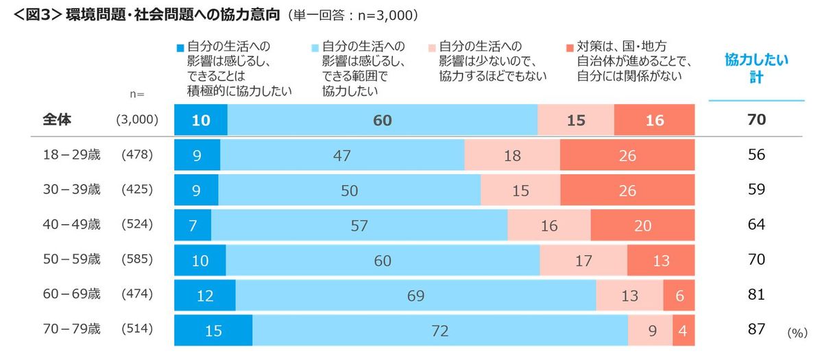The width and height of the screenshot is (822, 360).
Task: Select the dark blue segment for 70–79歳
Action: (213, 331)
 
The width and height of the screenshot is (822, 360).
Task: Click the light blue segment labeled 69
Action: (415, 296)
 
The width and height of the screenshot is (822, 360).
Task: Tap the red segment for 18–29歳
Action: (627, 156)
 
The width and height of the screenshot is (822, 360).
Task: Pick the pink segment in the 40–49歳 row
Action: (548, 226)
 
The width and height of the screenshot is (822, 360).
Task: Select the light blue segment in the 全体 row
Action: (383, 121)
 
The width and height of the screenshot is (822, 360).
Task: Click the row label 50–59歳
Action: (71, 260)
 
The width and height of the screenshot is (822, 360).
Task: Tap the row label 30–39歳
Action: (71, 190)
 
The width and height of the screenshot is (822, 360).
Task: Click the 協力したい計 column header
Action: (756, 69)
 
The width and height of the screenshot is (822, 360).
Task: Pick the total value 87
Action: (756, 330)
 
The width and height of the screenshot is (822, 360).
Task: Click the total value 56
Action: (756, 156)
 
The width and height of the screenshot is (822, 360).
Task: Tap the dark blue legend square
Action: (180, 48)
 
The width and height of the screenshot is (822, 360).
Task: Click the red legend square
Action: (570, 48)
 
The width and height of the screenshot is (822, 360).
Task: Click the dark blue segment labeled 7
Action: (193, 226)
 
